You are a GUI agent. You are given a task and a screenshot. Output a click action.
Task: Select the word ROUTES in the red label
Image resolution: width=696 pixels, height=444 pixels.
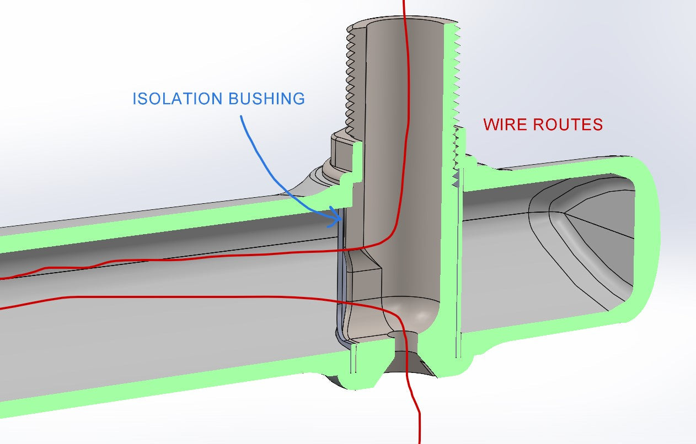[x=567, y=124]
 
